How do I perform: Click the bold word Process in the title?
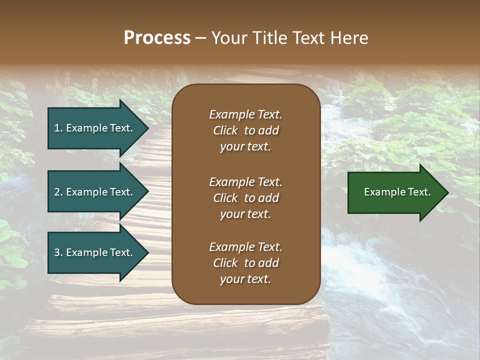[x=157, y=38]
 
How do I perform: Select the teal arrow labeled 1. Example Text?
[x=95, y=128]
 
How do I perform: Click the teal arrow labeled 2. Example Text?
[x=95, y=192]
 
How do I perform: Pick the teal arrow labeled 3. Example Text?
[x=95, y=252]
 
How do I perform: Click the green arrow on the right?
[x=395, y=192]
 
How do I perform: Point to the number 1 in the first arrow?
[x=57, y=128]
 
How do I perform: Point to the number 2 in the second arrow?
[x=57, y=192]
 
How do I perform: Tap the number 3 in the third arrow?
[x=57, y=252]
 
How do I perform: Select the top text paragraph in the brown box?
[x=245, y=130]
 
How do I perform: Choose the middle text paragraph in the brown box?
[x=245, y=198]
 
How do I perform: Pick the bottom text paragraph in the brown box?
[x=245, y=263]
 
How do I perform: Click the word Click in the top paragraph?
[x=225, y=130]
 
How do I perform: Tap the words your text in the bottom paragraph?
[x=245, y=279]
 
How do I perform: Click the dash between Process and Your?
[x=200, y=38]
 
